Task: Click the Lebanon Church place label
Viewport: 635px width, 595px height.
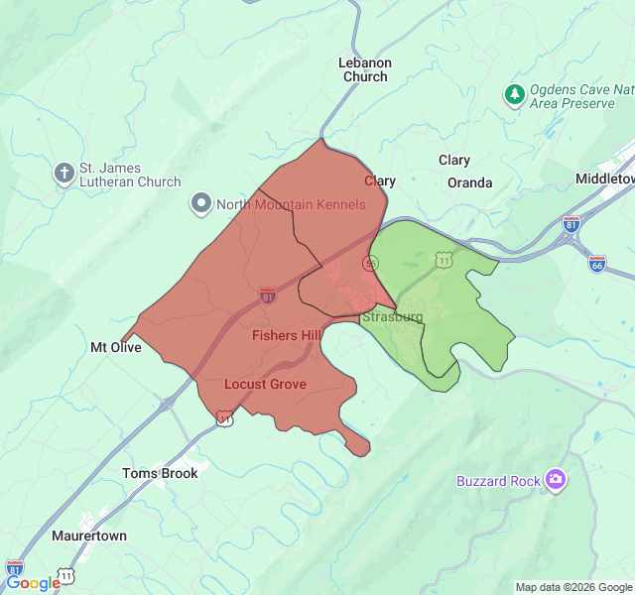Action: pos(365,69)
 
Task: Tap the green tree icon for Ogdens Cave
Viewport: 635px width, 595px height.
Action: pos(514,95)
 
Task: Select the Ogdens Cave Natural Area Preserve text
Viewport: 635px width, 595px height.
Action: pos(580,96)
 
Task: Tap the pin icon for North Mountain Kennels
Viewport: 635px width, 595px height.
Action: pos(200,205)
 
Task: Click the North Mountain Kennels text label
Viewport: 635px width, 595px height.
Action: pos(290,205)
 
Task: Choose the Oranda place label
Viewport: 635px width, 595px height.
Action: pos(469,182)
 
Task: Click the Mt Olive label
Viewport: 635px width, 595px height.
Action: pos(116,347)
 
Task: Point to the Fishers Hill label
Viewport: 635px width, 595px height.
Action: pos(286,335)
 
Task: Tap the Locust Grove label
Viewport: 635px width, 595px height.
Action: pos(265,384)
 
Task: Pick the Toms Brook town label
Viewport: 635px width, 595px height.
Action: pos(160,473)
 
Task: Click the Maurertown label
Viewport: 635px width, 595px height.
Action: pos(88,535)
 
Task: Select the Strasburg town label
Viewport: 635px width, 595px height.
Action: pos(392,317)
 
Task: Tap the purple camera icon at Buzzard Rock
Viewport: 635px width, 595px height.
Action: pos(555,481)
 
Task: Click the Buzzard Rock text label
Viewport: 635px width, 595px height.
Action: pos(498,481)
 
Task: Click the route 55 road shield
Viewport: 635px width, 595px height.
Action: pos(370,262)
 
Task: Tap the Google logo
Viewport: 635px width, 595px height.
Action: pos(33,583)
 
